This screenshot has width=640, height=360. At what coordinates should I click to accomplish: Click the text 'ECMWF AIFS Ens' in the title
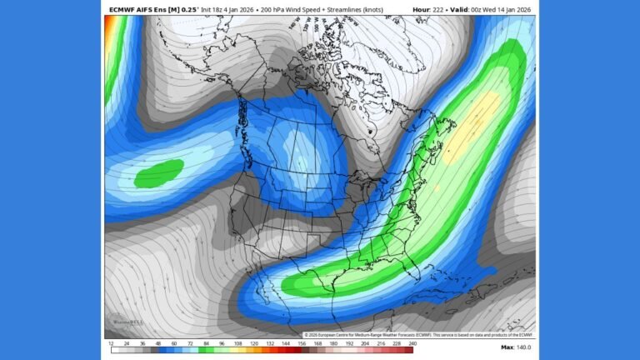pyautogui.click(x=137, y=9)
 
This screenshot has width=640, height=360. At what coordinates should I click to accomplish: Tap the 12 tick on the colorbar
pyautogui.click(x=111, y=343)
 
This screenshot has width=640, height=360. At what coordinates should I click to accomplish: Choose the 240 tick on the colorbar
pyautogui.click(x=412, y=343)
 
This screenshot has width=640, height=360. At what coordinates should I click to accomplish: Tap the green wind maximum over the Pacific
pyautogui.click(x=158, y=174)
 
